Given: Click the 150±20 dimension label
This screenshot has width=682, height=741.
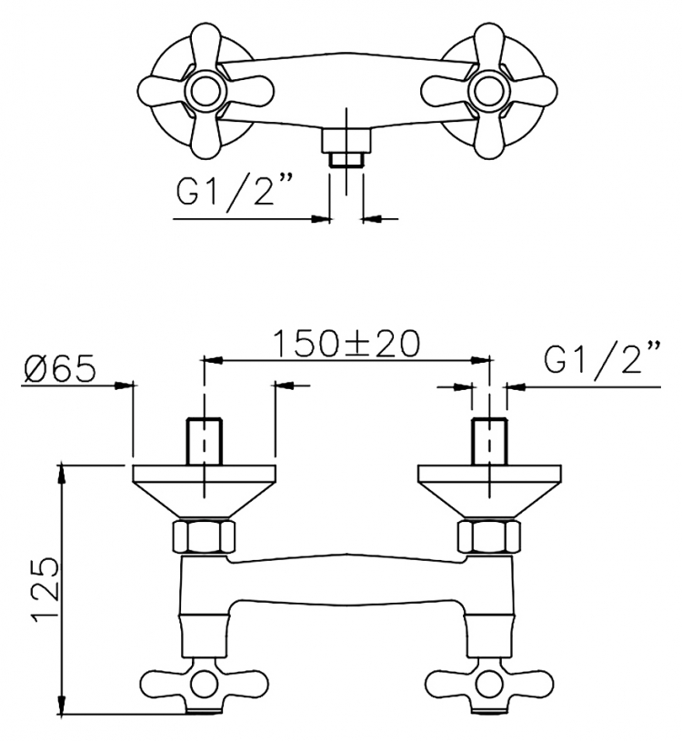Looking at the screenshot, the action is click(x=346, y=343).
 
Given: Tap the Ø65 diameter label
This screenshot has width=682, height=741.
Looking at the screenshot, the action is click(x=60, y=367).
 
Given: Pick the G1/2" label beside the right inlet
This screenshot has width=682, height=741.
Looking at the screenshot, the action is click(x=602, y=359).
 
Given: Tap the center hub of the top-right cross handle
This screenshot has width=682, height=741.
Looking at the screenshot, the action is click(x=488, y=90).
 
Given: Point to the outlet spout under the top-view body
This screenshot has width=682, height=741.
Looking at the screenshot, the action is click(x=346, y=147).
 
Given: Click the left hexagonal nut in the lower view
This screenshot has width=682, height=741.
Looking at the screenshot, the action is click(x=204, y=536).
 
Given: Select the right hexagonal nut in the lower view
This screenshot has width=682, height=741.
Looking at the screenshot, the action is click(x=489, y=536).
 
